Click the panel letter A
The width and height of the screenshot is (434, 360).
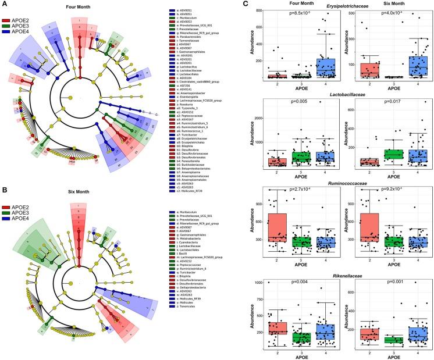(x=4, y=5)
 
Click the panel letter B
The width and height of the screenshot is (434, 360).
(x=4, y=188)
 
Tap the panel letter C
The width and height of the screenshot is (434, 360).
(x=247, y=5)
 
